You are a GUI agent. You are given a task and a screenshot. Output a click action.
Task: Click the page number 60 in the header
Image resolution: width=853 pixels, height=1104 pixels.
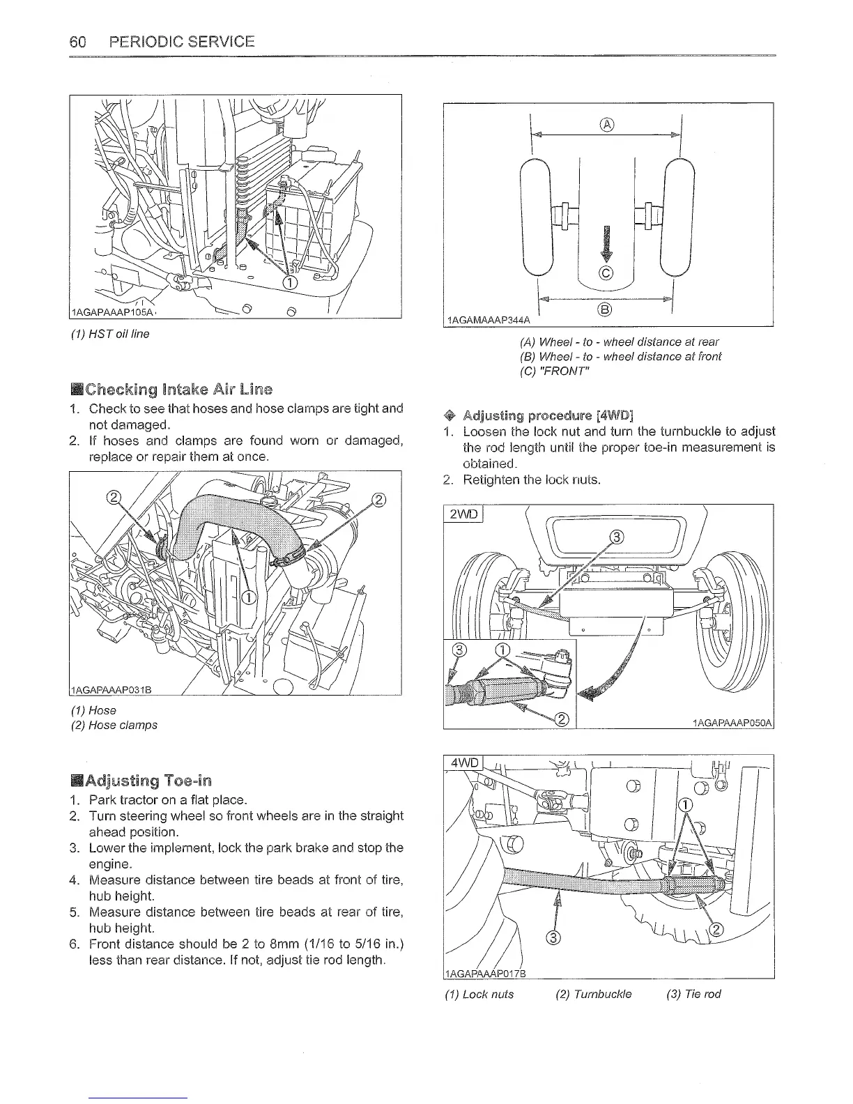pos(77,42)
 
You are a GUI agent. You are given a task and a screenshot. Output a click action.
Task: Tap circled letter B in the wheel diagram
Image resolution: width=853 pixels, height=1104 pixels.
pos(606,310)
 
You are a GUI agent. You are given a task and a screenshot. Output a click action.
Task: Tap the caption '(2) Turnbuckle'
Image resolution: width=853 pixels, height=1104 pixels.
pos(594,994)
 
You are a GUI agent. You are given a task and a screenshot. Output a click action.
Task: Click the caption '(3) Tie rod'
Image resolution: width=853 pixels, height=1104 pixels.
pos(693,994)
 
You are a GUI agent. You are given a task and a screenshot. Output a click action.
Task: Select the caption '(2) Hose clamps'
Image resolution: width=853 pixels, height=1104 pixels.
pos(114,725)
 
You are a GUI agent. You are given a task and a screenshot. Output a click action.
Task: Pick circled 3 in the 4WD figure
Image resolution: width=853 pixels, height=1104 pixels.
pos(553,937)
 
